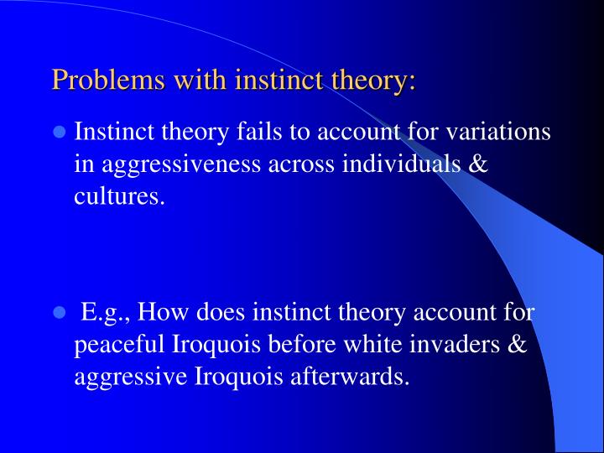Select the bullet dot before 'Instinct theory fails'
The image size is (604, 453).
[x=60, y=133]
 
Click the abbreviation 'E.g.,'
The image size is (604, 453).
[x=107, y=314]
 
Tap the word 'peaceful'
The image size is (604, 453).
[x=120, y=346]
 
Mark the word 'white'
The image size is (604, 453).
[x=368, y=346]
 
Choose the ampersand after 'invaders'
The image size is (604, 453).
[x=517, y=346]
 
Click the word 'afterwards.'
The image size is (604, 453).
[x=352, y=377]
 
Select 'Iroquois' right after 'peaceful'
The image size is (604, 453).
[x=212, y=346]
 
